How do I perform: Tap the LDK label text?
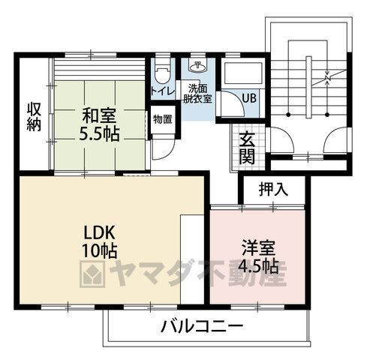click(99, 232)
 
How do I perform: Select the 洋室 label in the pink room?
click(258, 247)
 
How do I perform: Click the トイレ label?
click(163, 91)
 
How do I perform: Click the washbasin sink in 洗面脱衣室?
click(197, 66)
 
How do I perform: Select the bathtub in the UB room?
click(243, 73)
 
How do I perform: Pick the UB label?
click(249, 98)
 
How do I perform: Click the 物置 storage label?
click(163, 119)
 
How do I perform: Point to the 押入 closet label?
click(273, 189)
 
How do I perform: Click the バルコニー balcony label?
click(202, 326)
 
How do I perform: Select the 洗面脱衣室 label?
click(197, 94)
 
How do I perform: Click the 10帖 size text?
click(100, 250)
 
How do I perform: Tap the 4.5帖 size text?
click(258, 266)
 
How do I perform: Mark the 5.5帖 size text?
click(99, 134)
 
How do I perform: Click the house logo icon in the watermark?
click(92, 274)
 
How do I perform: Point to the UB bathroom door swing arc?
click(239, 100)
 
